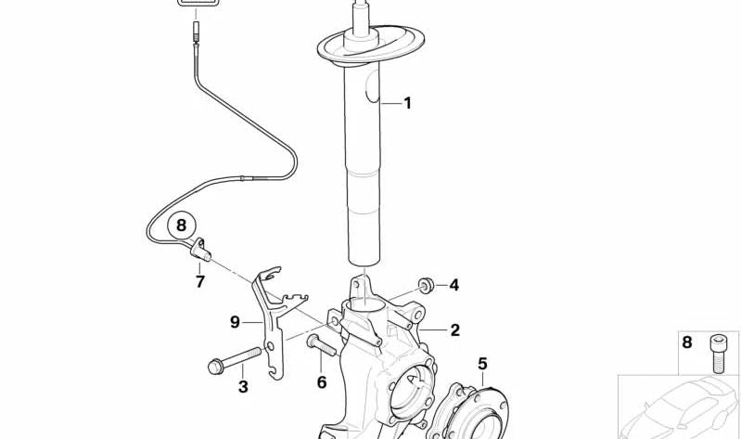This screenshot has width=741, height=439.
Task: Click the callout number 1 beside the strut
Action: [405, 104]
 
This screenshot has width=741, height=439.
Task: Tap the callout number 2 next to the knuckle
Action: [454, 329]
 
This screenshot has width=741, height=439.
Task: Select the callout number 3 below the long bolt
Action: [243, 387]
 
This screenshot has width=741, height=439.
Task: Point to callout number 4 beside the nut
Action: [454, 285]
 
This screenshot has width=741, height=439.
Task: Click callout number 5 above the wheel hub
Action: [482, 363]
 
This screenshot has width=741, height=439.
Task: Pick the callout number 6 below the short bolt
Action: [322, 382]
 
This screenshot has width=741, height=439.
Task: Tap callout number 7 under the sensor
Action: [199, 281]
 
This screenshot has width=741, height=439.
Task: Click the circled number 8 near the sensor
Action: [182, 225]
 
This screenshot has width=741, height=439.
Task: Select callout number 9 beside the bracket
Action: [236, 322]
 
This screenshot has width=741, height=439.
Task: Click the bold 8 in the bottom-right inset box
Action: [686, 342]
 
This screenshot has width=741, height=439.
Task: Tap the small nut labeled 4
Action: [427, 283]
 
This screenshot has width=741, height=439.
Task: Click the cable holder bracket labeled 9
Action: [271, 316]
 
